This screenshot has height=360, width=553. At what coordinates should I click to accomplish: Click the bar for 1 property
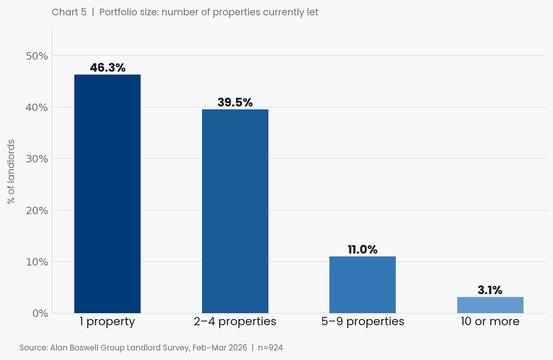107,194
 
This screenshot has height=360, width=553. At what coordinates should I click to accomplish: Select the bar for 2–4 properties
235,211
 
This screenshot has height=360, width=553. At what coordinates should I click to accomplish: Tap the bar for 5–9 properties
363,285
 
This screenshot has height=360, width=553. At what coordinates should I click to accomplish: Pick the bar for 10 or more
490,305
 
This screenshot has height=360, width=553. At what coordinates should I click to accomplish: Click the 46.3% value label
107,68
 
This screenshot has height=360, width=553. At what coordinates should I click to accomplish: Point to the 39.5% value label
235,102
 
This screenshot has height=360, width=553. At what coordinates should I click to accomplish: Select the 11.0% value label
363,249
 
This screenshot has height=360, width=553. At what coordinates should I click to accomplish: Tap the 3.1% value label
490,290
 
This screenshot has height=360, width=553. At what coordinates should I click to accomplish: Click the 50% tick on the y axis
37,56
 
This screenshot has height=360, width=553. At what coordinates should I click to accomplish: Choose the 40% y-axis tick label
37,107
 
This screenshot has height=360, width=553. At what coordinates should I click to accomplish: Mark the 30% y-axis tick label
37,159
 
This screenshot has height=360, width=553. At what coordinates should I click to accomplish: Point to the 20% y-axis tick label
37,210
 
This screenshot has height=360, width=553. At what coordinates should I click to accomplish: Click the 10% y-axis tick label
37,262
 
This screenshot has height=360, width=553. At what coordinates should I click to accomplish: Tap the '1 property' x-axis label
107,321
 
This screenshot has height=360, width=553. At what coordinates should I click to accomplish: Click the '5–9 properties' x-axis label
363,321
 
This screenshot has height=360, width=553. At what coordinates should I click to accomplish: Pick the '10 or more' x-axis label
490,321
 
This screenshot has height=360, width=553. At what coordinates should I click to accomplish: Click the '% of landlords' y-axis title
11,172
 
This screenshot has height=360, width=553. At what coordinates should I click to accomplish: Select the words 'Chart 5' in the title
69,12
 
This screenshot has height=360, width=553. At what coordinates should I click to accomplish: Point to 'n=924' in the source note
270,348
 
